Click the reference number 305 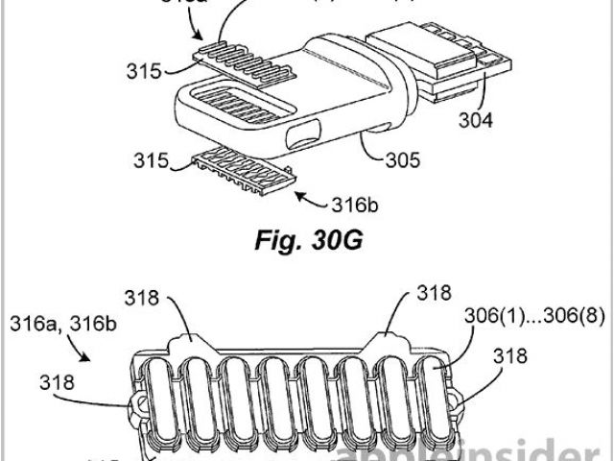pos(402,161)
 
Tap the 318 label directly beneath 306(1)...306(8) pos(511,356)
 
